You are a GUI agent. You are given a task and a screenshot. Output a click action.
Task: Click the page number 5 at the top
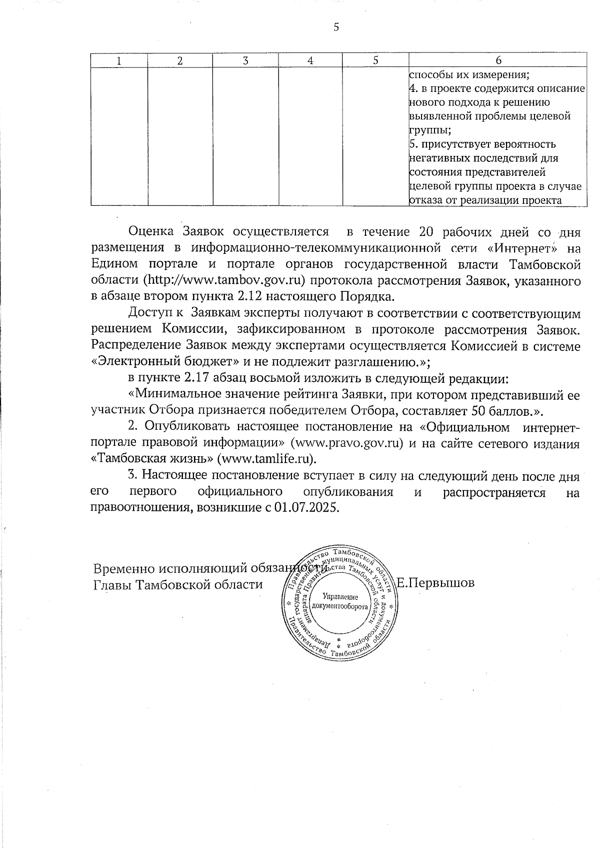click(336, 27)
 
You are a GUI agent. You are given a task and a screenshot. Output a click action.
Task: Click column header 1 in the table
click(119, 60)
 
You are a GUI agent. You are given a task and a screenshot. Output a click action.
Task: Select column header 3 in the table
click(245, 60)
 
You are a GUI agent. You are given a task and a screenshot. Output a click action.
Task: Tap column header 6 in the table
click(498, 60)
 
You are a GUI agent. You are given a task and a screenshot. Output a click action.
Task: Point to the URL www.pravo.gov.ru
click(347, 444)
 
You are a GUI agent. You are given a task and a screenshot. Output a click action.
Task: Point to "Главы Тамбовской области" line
click(178, 584)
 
